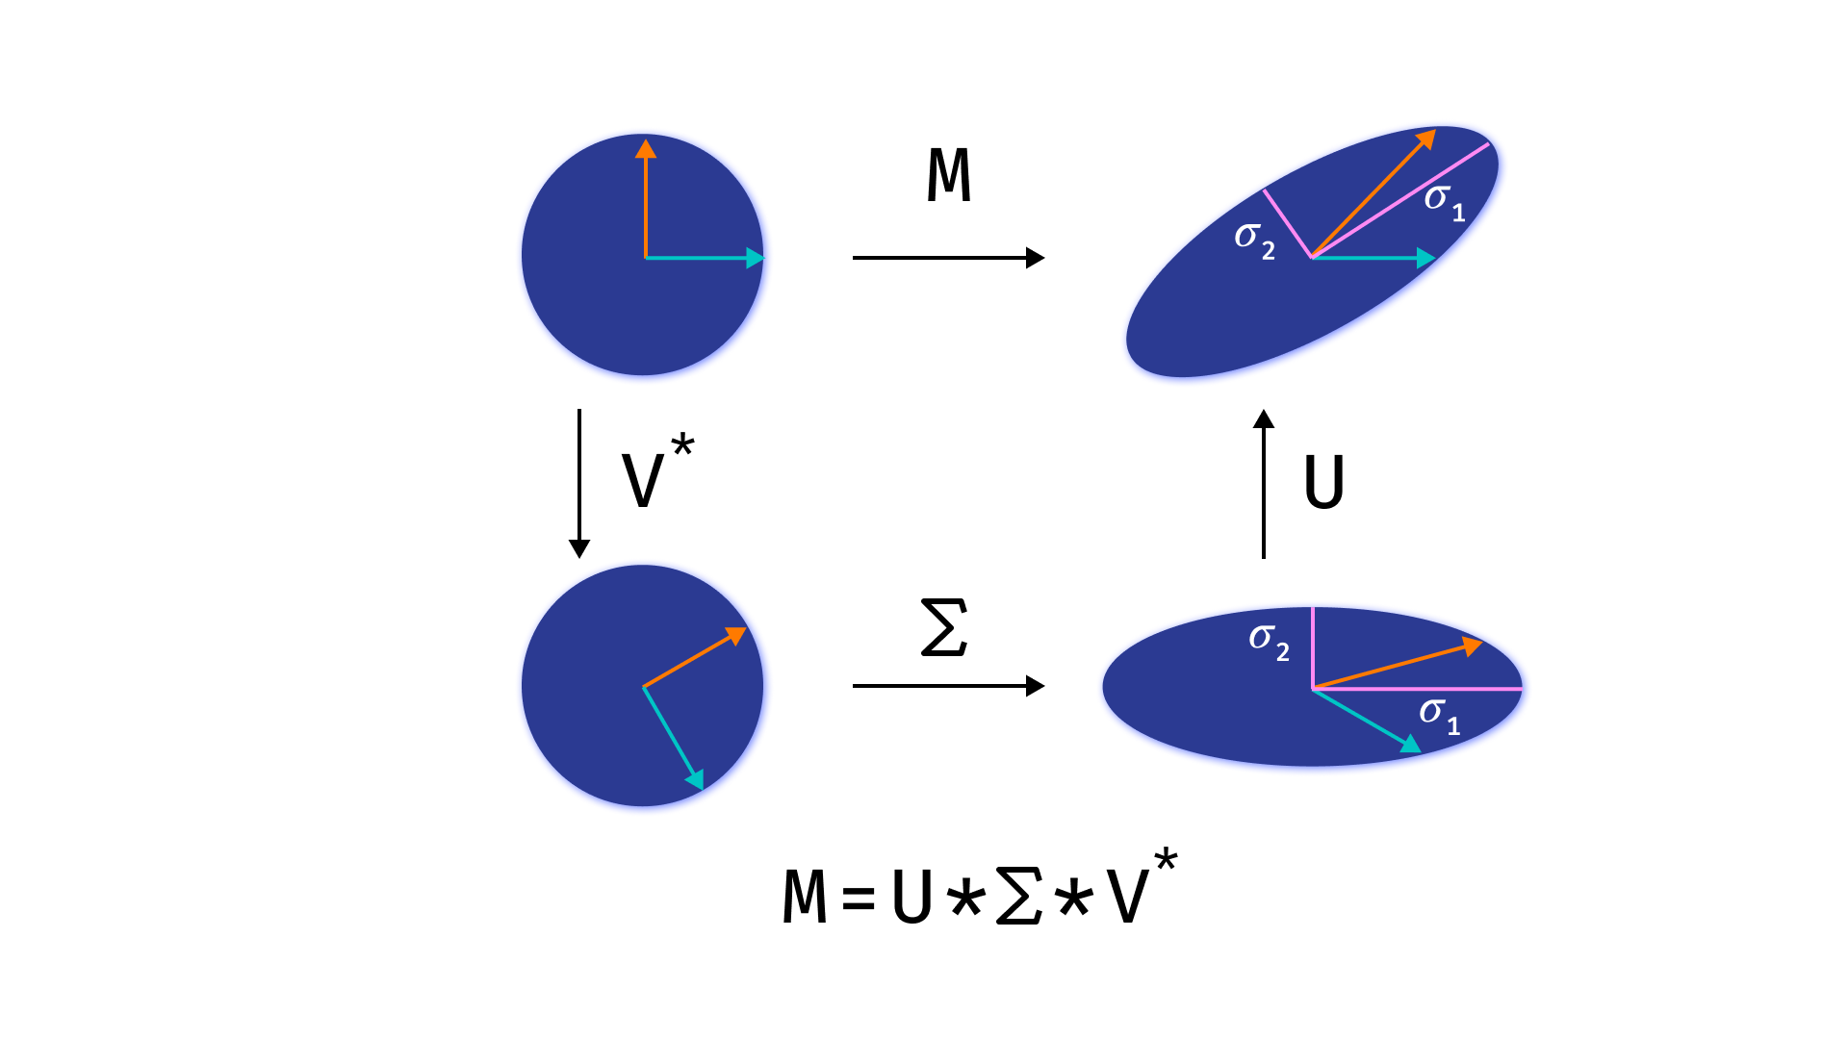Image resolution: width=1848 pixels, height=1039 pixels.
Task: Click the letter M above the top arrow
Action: pos(949,175)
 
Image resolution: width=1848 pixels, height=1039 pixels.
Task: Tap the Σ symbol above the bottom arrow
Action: pos(944,627)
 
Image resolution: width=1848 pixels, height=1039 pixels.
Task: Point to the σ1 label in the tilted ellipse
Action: pos(1444,201)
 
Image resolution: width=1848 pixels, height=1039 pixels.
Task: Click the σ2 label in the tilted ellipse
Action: pos(1254,240)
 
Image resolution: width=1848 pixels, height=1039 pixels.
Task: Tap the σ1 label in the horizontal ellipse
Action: pos(1439,715)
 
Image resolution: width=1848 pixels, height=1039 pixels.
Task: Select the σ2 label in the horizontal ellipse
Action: pos(1269,641)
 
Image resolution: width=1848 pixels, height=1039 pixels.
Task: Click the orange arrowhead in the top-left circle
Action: pos(646,148)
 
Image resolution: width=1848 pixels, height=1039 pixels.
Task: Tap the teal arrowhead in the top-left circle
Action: pos(755,258)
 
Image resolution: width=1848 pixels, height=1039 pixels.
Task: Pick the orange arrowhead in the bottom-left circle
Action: pos(736,635)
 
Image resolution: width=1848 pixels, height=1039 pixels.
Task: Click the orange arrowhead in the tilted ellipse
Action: pos(1426,139)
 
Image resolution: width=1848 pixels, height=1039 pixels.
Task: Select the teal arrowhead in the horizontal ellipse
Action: pos(1410,744)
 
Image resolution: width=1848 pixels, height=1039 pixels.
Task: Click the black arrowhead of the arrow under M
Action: pos(1035,258)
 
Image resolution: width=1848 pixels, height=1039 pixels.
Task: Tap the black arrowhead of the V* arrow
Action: pos(579,548)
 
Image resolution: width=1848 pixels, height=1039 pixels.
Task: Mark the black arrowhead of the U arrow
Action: pos(1264,418)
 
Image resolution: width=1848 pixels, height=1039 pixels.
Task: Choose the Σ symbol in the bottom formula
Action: pos(1019,897)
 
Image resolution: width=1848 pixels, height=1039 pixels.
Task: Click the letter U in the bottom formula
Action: pos(911,897)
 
